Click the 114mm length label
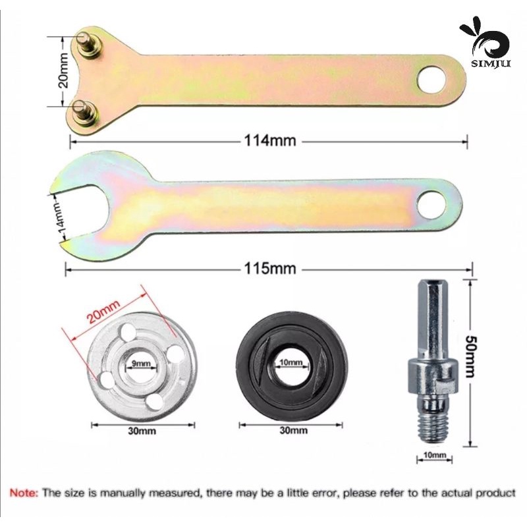pyautogui.click(x=270, y=140)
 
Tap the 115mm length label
pyautogui.click(x=270, y=268)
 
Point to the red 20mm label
pyautogui.click(x=103, y=311)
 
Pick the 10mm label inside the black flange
pyautogui.click(x=291, y=362)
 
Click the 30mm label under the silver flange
pyautogui.click(x=142, y=431)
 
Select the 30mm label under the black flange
pyautogui.click(x=293, y=430)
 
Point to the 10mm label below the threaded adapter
pyautogui.click(x=435, y=455)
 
